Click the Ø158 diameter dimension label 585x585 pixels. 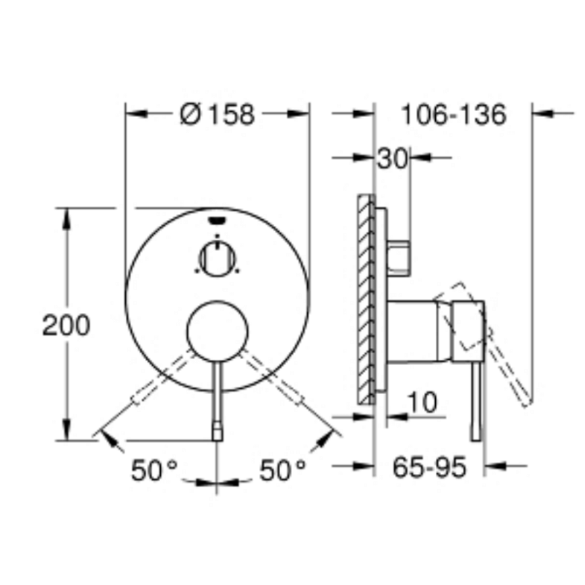[x=217, y=114]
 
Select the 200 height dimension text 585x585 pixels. [x=67, y=325]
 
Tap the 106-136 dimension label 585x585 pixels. [x=453, y=114]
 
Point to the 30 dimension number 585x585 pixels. [x=392, y=159]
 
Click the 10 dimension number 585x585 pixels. [x=422, y=402]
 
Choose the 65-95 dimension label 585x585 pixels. [x=429, y=467]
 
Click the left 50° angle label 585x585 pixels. [x=154, y=469]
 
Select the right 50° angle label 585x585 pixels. [x=282, y=469]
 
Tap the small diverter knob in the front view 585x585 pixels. [x=217, y=259]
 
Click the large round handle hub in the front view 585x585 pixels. [x=217, y=331]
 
